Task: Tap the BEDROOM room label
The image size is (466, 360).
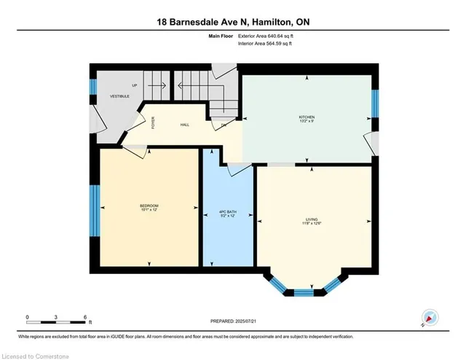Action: [x=149, y=206]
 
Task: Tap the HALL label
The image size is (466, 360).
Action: [x=185, y=125]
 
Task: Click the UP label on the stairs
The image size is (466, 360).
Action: [x=135, y=85]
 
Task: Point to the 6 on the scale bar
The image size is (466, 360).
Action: [x=86, y=317]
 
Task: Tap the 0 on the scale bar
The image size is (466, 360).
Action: [x=27, y=317]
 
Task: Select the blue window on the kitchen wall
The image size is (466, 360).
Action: [x=375, y=103]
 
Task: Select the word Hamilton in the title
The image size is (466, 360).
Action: [x=277, y=23]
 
